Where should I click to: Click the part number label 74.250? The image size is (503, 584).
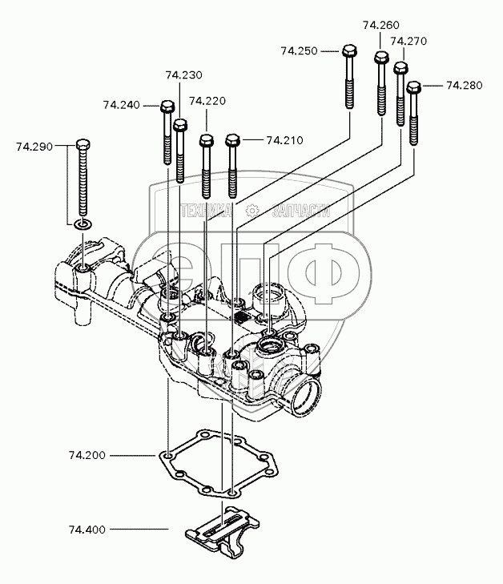click(299, 50)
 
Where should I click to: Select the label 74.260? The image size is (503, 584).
click(381, 26)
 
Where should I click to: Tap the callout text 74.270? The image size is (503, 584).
click(408, 41)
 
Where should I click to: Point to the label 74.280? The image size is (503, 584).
click(465, 86)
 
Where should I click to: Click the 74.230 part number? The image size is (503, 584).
click(184, 75)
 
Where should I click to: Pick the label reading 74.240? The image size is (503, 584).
click(122, 105)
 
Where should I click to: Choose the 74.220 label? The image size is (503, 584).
click(207, 101)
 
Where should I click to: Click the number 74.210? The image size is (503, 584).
click(285, 140)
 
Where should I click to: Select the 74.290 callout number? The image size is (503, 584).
click(34, 147)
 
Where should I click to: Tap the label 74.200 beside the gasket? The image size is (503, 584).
click(87, 455)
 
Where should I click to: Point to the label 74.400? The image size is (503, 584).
click(87, 530)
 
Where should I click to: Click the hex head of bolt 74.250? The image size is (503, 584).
click(349, 50)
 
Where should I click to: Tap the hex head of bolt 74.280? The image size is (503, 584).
click(413, 87)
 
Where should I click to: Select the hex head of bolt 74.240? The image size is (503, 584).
click(167, 107)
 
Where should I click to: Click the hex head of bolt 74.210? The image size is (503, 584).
click(232, 140)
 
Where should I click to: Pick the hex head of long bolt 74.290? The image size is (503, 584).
click(83, 144)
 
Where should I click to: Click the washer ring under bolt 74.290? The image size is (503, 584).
click(83, 224)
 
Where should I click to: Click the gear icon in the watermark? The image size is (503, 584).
click(253, 211)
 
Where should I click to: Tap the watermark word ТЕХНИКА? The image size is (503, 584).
click(206, 211)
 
